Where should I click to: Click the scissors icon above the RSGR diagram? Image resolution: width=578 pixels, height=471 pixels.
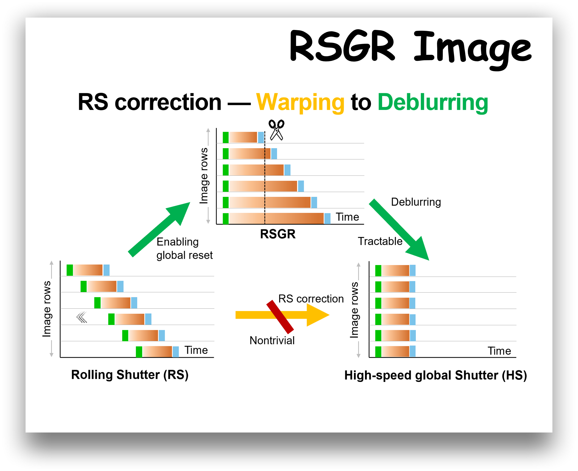pyautogui.click(x=276, y=130)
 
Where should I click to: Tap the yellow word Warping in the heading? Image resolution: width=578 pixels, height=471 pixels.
pyautogui.click(x=300, y=102)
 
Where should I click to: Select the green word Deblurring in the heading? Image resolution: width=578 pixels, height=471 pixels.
pyautogui.click(x=433, y=102)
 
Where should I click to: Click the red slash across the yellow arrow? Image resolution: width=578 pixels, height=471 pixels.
pyautogui.click(x=280, y=317)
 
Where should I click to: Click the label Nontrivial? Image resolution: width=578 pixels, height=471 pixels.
pyautogui.click(x=272, y=340)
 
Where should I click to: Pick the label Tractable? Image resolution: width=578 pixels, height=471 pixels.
pyautogui.click(x=380, y=241)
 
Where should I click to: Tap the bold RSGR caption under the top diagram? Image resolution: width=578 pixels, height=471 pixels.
pyautogui.click(x=278, y=234)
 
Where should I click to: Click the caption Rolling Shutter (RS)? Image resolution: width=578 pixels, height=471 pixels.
pyautogui.click(x=130, y=375)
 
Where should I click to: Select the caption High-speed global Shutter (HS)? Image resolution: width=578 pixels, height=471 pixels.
pyautogui.click(x=435, y=375)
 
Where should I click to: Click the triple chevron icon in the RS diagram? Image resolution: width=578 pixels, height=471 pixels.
pyautogui.click(x=82, y=317)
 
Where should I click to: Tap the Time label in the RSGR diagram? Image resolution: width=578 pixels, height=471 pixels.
pyautogui.click(x=347, y=217)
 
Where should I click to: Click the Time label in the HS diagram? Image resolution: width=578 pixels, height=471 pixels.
pyautogui.click(x=499, y=351)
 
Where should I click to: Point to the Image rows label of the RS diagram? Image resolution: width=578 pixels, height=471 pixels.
pyautogui.click(x=47, y=309)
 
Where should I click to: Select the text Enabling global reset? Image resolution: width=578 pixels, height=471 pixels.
pyautogui.click(x=184, y=249)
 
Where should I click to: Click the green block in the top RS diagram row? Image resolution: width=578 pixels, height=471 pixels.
pyautogui.click(x=70, y=270)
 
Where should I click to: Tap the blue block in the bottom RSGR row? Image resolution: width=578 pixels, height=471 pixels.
pyautogui.click(x=327, y=219)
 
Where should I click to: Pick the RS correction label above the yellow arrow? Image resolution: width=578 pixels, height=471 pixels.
pyautogui.click(x=311, y=299)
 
